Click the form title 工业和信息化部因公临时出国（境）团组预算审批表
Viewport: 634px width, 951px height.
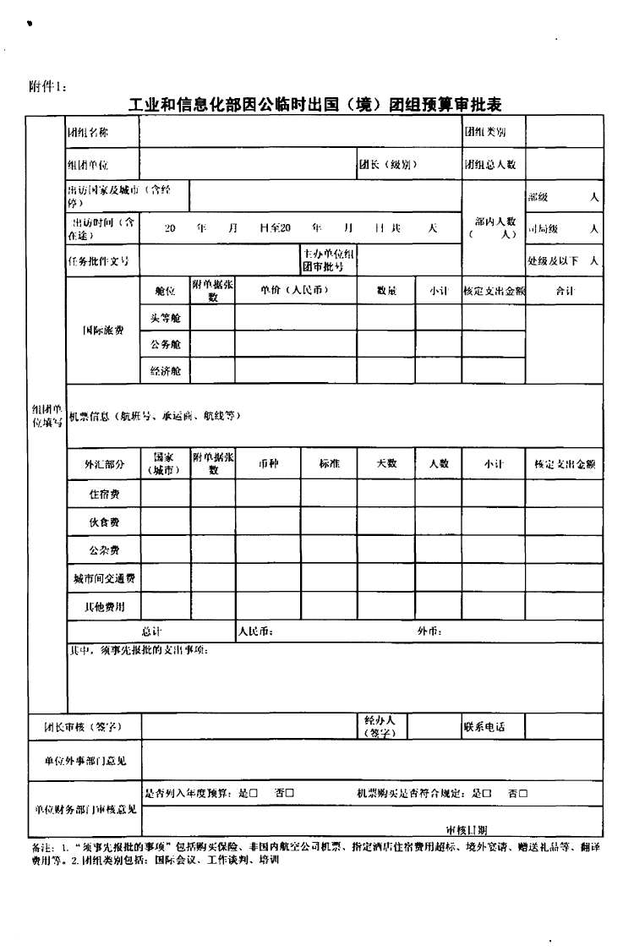[x=315, y=106]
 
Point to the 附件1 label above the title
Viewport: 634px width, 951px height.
[x=46, y=85]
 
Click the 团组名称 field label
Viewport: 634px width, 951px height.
[x=88, y=132]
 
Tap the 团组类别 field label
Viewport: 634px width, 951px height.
[x=484, y=132]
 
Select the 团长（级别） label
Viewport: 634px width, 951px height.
[x=388, y=164]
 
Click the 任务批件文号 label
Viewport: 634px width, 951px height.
[x=98, y=261]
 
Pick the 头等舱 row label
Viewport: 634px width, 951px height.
[x=165, y=318]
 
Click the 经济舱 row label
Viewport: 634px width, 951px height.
[x=165, y=371]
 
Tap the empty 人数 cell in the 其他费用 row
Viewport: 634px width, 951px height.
[x=438, y=606]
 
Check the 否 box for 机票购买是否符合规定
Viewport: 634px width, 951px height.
[x=523, y=793]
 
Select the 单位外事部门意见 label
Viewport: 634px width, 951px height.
[x=86, y=761]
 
